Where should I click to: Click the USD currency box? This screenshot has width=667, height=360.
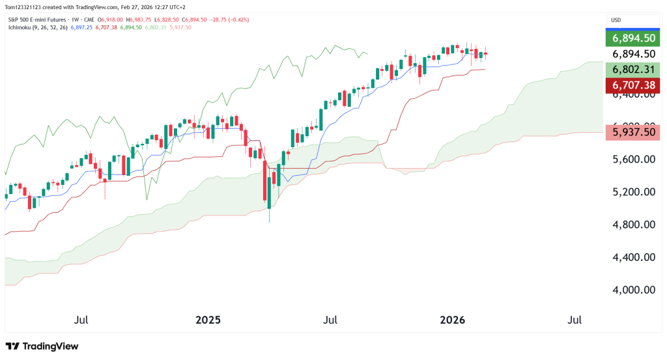coord(616,20)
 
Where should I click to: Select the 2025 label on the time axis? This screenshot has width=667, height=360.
coord(208,320)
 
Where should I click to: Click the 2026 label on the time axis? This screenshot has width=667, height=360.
coord(453,320)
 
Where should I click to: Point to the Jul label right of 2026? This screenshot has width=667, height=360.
coord(575,320)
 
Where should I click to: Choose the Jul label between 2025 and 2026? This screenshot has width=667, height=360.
coord(330,320)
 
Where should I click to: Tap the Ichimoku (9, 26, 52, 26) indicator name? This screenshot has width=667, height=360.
coord(35,27)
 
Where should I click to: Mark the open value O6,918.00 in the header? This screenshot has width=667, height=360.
coord(110,20)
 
